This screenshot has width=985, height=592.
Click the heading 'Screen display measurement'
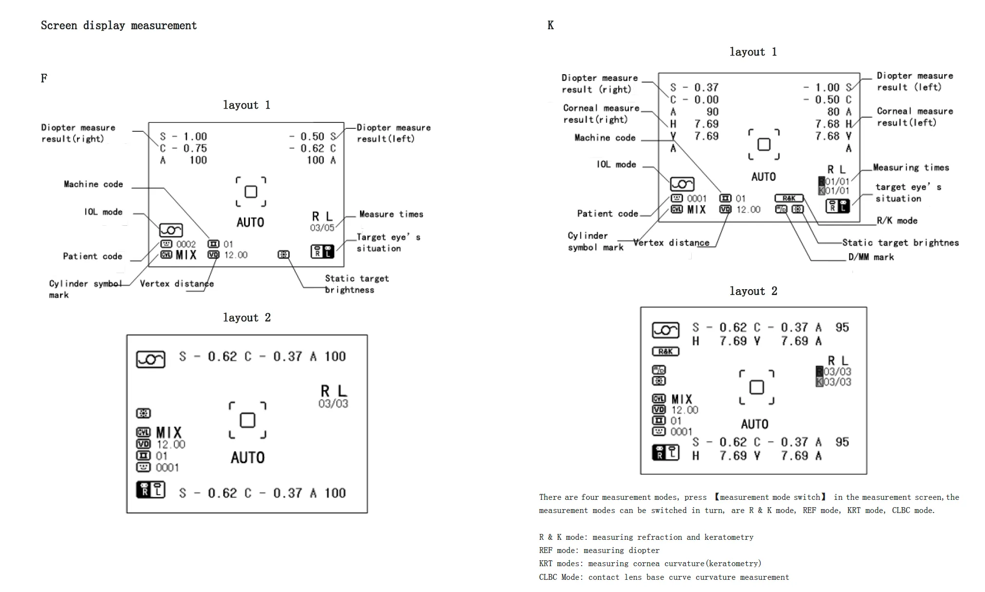click(119, 25)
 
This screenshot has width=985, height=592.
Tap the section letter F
click(44, 78)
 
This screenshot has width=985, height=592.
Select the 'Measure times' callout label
click(391, 214)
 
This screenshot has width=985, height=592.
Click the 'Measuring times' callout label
click(911, 168)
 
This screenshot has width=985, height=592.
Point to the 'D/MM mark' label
click(871, 257)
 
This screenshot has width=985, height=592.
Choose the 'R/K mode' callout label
click(897, 220)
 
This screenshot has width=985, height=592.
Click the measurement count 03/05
click(322, 228)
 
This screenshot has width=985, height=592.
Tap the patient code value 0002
click(186, 244)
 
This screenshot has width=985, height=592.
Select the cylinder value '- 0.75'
click(190, 148)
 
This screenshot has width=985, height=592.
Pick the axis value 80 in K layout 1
click(833, 112)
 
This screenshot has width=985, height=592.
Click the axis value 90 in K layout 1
click(713, 112)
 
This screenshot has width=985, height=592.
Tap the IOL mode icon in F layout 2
click(151, 359)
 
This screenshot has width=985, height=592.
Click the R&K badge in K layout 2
click(665, 351)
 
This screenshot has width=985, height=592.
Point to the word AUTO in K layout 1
click(763, 177)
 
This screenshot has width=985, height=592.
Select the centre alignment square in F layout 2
click(247, 420)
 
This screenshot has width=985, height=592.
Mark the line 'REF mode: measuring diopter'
click(599, 551)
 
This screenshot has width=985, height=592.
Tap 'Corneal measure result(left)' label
click(915, 117)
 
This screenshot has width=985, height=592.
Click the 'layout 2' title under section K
click(753, 291)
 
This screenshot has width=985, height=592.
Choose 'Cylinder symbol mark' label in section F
click(85, 289)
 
